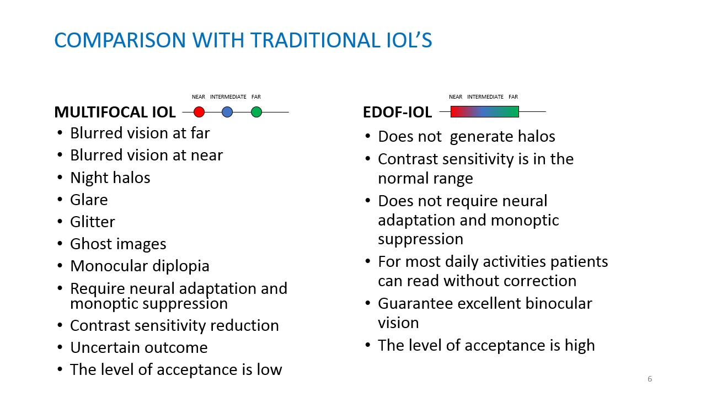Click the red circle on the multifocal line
(x=199, y=112)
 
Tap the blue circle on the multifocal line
(x=227, y=112)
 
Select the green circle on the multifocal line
(x=256, y=112)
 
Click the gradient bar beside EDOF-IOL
(x=485, y=111)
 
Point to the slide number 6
(x=650, y=379)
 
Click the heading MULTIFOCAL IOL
(x=115, y=112)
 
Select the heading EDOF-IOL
(x=398, y=112)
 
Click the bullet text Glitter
(x=92, y=222)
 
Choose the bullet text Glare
(x=89, y=200)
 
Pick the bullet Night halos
(x=110, y=178)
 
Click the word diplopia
(x=181, y=266)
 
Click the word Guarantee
(x=415, y=304)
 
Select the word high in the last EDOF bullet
(x=580, y=346)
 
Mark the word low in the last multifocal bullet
(x=270, y=369)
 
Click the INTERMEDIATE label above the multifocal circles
(x=228, y=96)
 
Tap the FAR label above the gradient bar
(x=513, y=96)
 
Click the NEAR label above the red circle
(x=199, y=96)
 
